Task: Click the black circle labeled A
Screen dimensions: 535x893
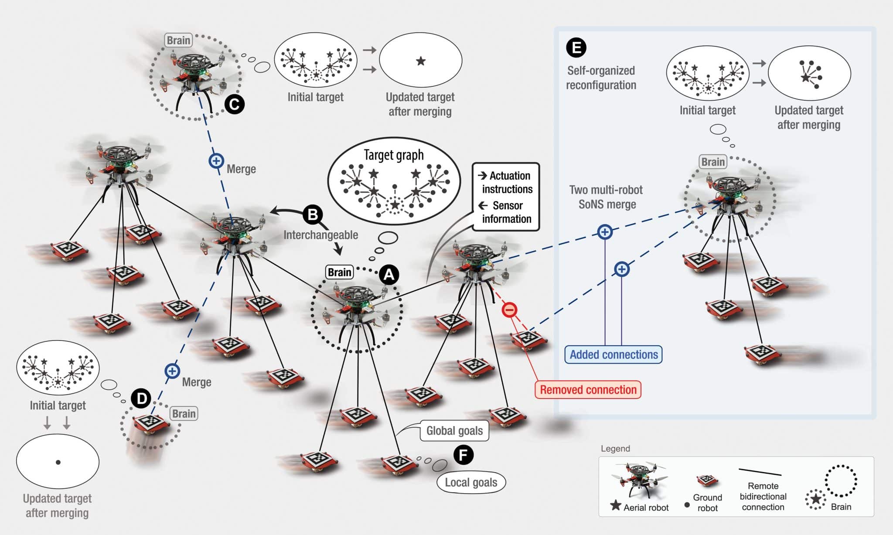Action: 389,275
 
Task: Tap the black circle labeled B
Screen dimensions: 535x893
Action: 313,215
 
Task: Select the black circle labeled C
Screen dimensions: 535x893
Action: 234,104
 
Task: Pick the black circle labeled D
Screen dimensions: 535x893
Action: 141,398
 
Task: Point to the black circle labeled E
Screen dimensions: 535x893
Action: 576,48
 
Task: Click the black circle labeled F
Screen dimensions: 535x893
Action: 463,455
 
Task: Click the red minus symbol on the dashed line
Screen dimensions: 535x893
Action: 509,310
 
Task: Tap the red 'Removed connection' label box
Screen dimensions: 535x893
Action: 588,389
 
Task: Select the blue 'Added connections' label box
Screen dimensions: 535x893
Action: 614,354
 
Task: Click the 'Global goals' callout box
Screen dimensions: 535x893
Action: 454,431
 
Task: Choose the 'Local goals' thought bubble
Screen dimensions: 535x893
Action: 471,482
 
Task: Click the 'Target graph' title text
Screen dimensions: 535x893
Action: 394,155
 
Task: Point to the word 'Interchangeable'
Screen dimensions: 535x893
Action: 320,235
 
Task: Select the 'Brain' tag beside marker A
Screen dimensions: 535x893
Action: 339,273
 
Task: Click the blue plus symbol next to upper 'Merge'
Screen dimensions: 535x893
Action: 216,161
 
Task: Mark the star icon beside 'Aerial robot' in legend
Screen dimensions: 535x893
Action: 616,505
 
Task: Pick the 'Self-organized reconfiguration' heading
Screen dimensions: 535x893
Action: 601,78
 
